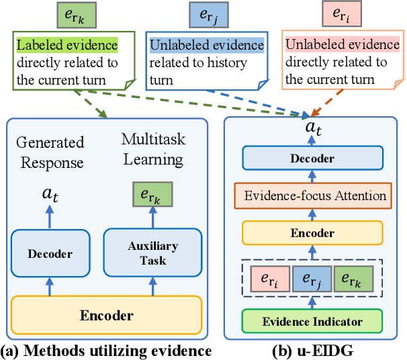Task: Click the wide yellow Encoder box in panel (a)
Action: click(x=107, y=315)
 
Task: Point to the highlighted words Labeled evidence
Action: click(x=66, y=45)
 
